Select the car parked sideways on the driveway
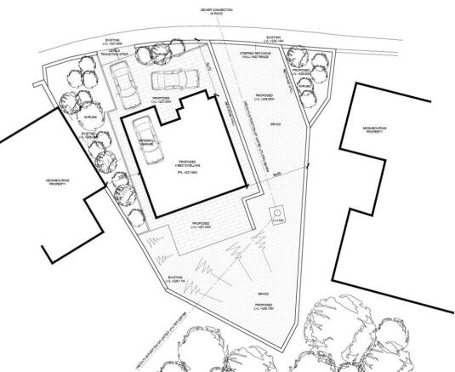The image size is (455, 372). click(x=173, y=81)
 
